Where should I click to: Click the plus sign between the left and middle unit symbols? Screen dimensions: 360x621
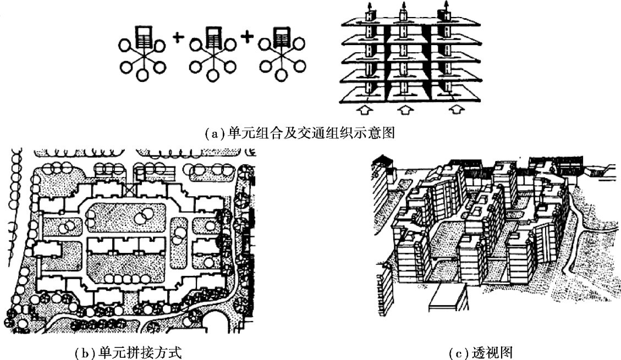click(178, 37)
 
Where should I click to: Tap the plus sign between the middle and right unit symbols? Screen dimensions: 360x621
click(247, 37)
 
